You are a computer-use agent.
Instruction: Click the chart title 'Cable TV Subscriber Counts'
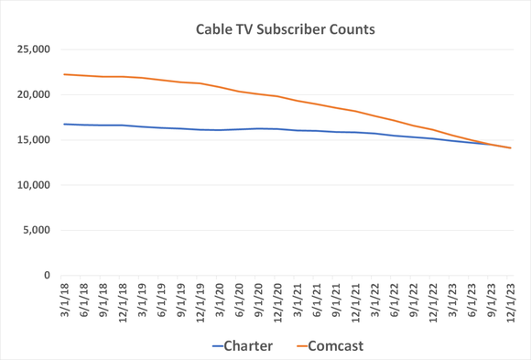point(286,29)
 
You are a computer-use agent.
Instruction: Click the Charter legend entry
point(243,346)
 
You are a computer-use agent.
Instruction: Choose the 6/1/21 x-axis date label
point(316,302)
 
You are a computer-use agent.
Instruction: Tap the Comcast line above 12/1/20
point(277,96)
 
